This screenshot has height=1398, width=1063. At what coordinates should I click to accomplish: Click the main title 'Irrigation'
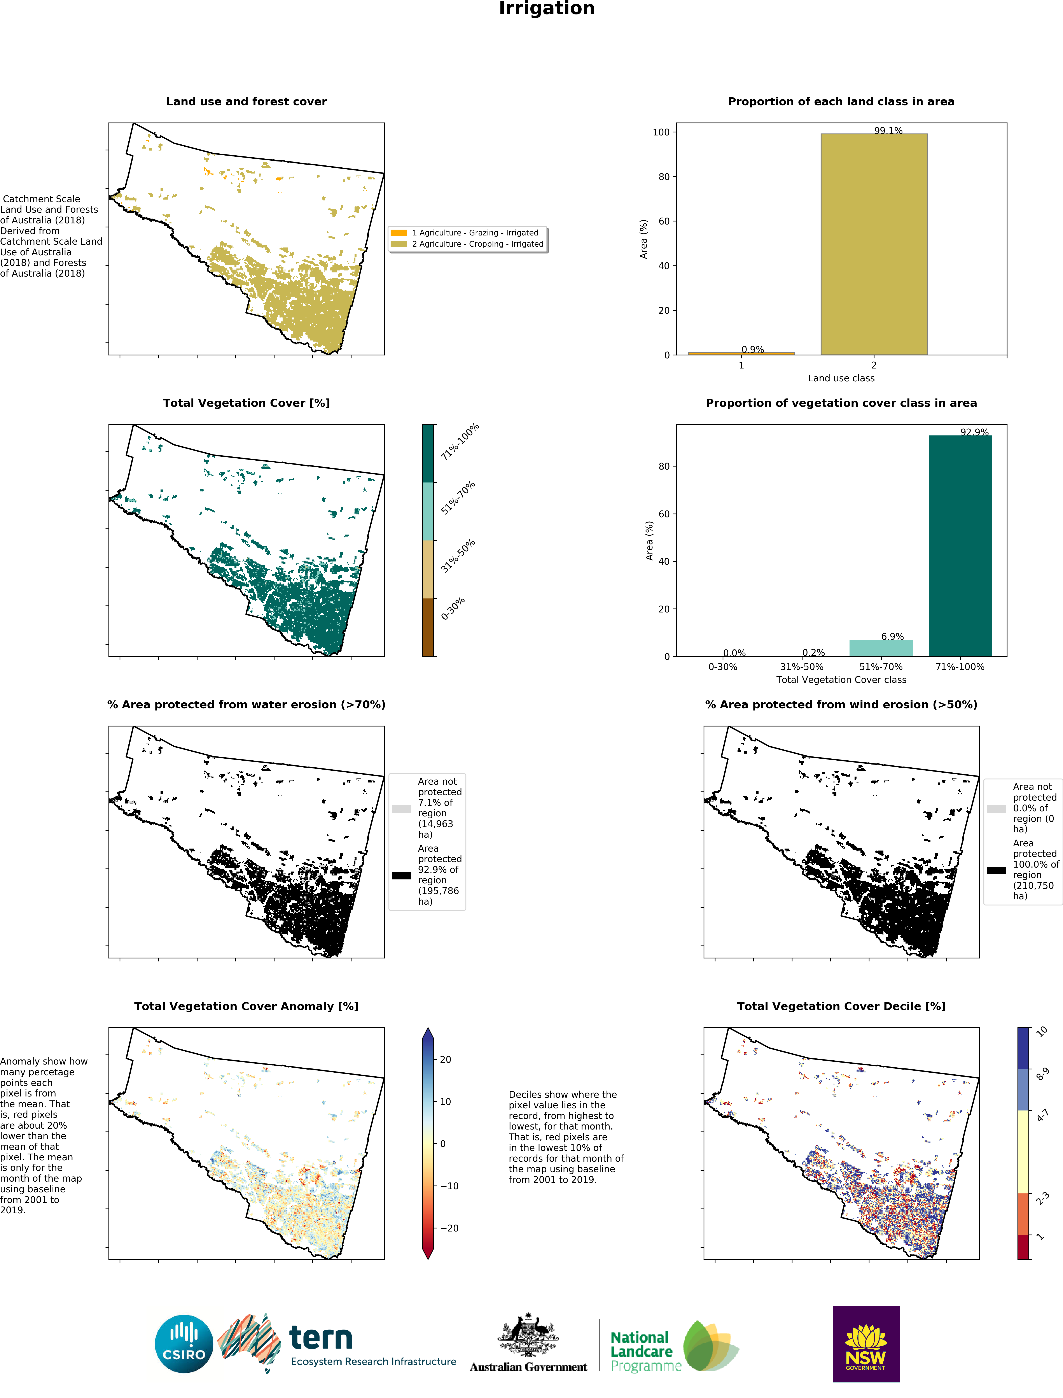[x=547, y=9]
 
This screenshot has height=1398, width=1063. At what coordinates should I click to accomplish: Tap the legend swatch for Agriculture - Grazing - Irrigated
[x=399, y=233]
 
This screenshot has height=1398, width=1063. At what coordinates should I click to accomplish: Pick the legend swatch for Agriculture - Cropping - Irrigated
[x=399, y=244]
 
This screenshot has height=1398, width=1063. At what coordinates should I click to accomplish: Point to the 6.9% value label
[x=892, y=636]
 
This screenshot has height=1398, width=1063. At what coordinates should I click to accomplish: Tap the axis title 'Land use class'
[x=841, y=378]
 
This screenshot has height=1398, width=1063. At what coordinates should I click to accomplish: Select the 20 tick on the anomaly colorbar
[x=446, y=1059]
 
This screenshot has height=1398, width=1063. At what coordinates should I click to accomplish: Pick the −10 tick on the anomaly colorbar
[x=449, y=1185]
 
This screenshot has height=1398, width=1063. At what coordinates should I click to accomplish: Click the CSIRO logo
[x=184, y=1343]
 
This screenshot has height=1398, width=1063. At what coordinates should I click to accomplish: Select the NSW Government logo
[x=865, y=1343]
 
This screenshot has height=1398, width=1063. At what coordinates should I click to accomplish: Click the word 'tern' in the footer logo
[x=321, y=1337]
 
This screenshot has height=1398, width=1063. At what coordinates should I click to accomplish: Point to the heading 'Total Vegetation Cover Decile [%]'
[x=841, y=1006]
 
